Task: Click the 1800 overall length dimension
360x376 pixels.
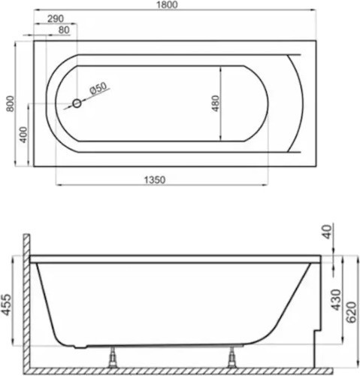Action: tap(177, 6)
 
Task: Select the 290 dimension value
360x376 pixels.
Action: tap(54, 18)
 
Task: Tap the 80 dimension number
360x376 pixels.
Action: tap(63, 30)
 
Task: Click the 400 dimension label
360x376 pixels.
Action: tap(23, 135)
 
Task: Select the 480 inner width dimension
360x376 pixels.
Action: tap(215, 103)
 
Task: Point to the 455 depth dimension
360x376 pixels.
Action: tap(8, 305)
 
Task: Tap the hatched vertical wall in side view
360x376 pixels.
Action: tap(26, 301)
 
